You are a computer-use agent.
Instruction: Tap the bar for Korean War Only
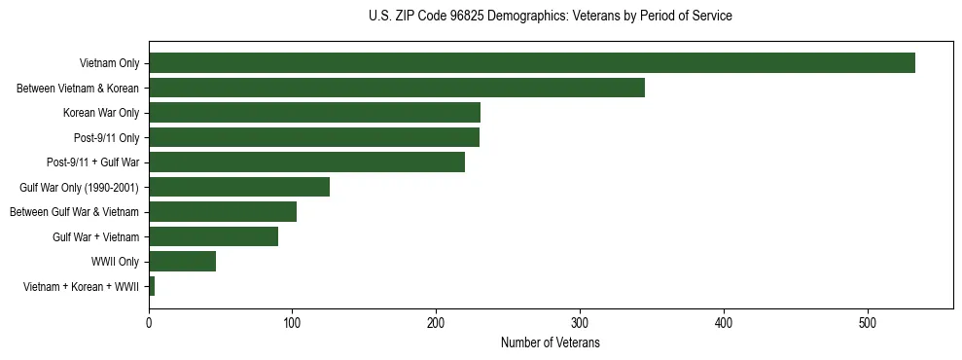tap(314, 113)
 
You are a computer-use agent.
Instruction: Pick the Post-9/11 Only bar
tap(313, 137)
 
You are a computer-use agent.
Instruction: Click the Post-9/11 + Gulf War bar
tap(306, 162)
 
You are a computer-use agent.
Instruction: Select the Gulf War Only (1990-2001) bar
tap(239, 187)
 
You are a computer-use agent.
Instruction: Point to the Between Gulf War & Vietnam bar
tap(223, 212)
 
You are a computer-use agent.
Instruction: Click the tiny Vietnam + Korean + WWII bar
tap(152, 286)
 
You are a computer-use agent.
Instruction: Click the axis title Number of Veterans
tap(550, 343)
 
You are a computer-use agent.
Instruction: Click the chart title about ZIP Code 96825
tap(550, 16)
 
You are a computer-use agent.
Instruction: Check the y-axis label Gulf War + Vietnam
tap(95, 236)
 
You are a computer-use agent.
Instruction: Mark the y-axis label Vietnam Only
tap(109, 63)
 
